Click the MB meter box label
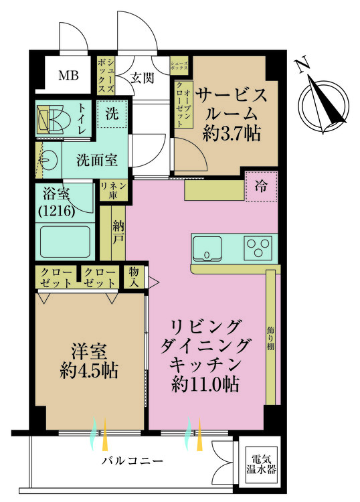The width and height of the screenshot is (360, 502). [x=68, y=76]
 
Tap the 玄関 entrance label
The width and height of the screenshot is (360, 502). [x=142, y=78]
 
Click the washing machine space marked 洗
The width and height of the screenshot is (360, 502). [x=112, y=114]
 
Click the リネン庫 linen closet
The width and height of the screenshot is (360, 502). [x=113, y=190]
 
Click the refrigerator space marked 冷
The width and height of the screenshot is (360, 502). [x=261, y=186]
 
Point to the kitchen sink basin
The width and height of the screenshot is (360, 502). [x=207, y=248]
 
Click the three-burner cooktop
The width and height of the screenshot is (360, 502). [x=258, y=248]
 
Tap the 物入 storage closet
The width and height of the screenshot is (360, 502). [x=134, y=277]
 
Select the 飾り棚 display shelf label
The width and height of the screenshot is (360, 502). [x=270, y=339]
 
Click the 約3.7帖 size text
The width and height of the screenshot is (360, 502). [x=231, y=133]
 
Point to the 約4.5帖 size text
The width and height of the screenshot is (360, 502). [x=88, y=371]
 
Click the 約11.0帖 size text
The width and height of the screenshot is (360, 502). [x=205, y=384]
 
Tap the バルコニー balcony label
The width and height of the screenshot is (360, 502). [x=132, y=461]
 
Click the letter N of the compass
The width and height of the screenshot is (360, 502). [x=302, y=64]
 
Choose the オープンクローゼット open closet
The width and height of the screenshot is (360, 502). [x=183, y=104]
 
